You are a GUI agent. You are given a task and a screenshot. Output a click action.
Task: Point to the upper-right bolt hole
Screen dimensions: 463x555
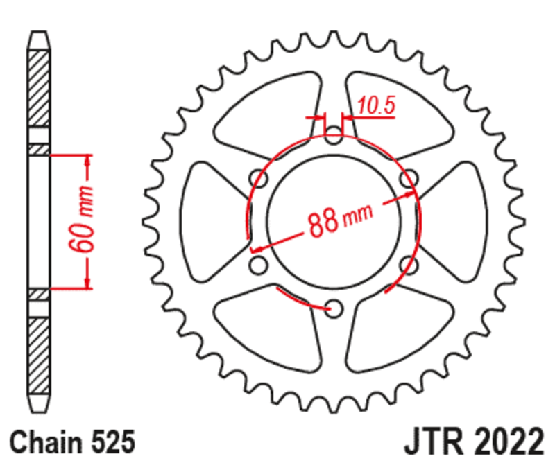click(x=409, y=176)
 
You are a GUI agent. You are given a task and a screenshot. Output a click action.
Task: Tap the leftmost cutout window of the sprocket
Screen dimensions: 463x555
click(x=208, y=220)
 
